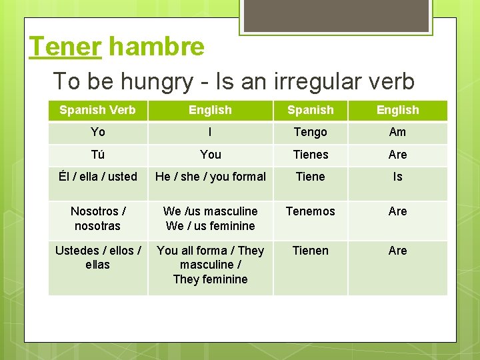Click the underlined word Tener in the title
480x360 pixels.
click(65, 47)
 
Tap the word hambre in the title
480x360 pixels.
click(156, 47)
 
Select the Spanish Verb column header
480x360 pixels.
click(97, 110)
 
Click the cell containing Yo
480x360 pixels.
click(97, 132)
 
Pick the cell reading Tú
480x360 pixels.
click(97, 155)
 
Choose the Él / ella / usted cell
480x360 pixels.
click(97, 177)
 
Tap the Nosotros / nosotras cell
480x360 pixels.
click(97, 219)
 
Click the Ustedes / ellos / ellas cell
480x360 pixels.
click(97, 257)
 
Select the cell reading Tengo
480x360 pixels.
click(310, 132)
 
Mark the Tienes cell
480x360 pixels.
click(310, 155)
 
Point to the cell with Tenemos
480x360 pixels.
click(310, 211)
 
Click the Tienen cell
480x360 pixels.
click(310, 251)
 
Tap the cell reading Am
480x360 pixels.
click(397, 132)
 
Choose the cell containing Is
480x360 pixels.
click(397, 177)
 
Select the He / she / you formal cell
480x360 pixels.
click(210, 177)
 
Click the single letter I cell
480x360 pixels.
click(210, 132)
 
